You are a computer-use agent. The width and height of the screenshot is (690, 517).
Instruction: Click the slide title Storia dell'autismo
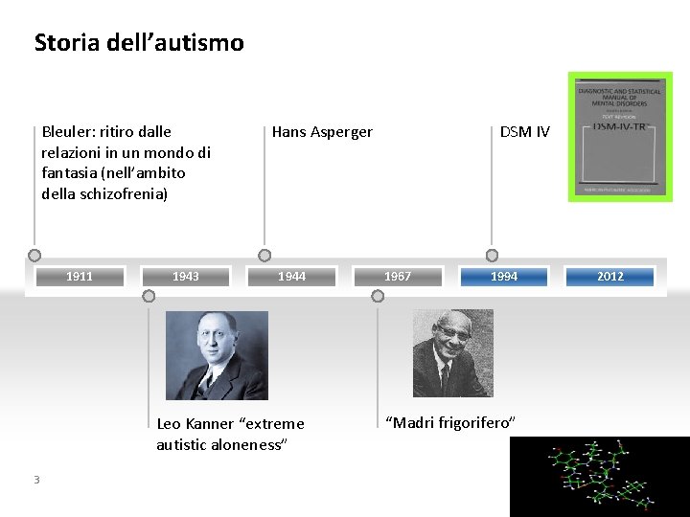tap(139, 43)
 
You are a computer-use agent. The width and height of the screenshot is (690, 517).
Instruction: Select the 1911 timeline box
tap(80, 277)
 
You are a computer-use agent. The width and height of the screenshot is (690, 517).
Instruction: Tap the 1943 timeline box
tap(186, 277)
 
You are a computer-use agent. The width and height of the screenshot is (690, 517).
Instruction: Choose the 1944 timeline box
tap(291, 277)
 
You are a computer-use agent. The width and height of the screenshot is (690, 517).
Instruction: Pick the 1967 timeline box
tap(398, 277)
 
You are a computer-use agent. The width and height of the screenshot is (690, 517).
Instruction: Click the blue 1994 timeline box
tap(504, 277)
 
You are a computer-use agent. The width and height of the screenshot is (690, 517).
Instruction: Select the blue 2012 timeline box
tap(610, 277)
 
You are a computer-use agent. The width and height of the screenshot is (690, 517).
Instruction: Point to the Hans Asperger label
tap(322, 132)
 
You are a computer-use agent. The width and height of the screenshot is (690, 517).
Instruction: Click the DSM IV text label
tap(525, 132)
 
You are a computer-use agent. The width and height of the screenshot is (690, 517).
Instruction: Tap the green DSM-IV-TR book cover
tap(618, 136)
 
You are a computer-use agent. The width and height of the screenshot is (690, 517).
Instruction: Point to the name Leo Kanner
tap(195, 424)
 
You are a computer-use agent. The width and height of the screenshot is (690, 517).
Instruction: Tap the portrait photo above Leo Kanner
tap(217, 355)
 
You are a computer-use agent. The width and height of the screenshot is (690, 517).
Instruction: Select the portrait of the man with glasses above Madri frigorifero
tap(452, 353)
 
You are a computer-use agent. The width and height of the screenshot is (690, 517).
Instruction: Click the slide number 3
tap(36, 480)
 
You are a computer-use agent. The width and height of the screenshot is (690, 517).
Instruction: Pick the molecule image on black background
tap(599, 476)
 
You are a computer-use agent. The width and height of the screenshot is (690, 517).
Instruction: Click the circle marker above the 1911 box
tap(34, 256)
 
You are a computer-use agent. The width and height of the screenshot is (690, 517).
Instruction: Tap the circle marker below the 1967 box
tap(378, 297)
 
